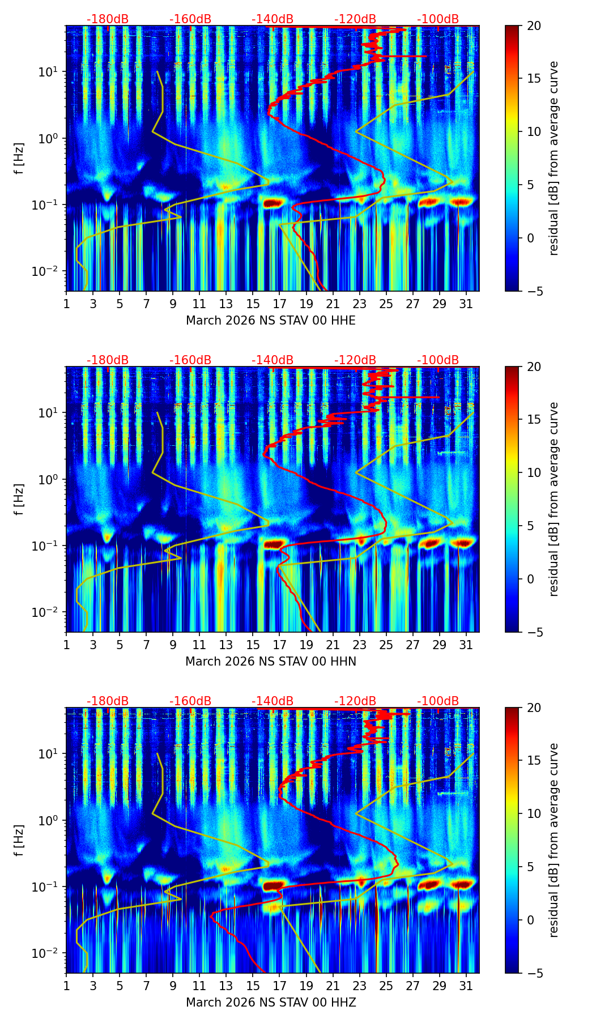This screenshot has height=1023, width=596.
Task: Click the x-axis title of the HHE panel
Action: tap(271, 321)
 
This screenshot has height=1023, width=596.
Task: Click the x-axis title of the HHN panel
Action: tap(271, 661)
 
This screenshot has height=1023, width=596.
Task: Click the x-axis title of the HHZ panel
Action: tap(271, 1002)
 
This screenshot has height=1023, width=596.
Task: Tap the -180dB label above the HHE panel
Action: tap(108, 19)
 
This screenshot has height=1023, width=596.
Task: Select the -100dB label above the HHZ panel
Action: tap(438, 701)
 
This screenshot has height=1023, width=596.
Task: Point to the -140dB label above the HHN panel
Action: tap(273, 360)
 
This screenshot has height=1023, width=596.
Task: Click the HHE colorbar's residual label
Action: tap(554, 158)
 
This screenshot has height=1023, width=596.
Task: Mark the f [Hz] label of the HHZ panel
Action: tap(19, 840)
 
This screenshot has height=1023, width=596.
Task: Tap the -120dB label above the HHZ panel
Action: tap(355, 701)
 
